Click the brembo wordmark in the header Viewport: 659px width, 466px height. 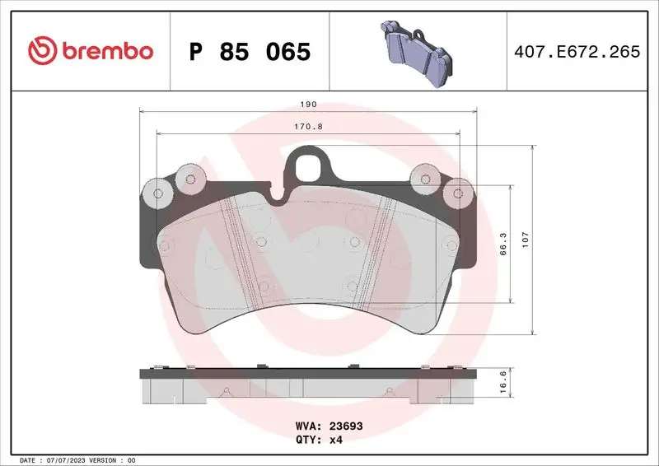pyautogui.click(x=105, y=51)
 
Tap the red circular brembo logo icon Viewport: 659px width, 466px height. pyautogui.click(x=40, y=51)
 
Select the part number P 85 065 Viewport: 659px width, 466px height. pyautogui.click(x=250, y=51)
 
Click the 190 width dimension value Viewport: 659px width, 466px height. pyautogui.click(x=309, y=105)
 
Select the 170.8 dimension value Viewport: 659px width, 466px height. pyautogui.click(x=308, y=128)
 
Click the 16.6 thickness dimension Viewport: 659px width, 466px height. pyautogui.click(x=503, y=384)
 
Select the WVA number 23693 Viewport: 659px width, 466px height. pyautogui.click(x=346, y=427)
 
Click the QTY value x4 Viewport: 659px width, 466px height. pyautogui.click(x=337, y=440)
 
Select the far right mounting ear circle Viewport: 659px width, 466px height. pyautogui.click(x=456, y=193)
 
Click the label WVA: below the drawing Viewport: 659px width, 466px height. pyautogui.click(x=307, y=427)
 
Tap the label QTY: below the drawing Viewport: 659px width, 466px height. pyautogui.click(x=307, y=440)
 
